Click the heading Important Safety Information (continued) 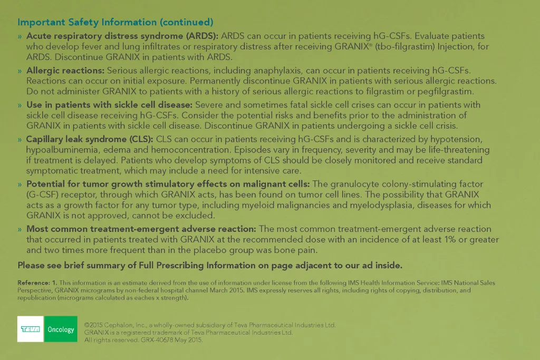(115, 22)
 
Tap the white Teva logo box (31, 329)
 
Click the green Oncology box (61, 329)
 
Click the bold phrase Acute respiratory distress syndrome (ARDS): (122, 36)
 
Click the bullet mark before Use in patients (20, 105)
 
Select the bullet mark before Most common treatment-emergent (20, 229)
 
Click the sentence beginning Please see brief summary (210, 265)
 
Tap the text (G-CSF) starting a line (43, 194)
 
